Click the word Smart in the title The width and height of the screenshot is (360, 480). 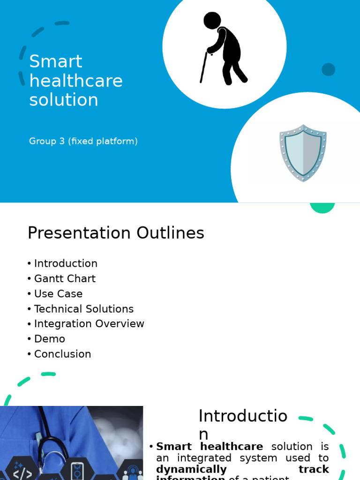click(56, 61)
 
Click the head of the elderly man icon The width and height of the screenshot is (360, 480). click(212, 21)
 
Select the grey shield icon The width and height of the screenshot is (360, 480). click(303, 153)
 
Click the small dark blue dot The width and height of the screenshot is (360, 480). click(328, 69)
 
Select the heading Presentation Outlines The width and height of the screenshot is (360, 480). click(116, 233)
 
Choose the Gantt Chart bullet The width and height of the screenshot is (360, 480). click(65, 278)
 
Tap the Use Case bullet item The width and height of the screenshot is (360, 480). click(58, 294)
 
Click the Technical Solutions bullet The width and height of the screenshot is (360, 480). click(84, 309)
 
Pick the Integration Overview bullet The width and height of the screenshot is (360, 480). click(89, 324)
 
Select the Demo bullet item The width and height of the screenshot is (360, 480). click(50, 339)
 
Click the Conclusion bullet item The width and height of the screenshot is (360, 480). click(62, 354)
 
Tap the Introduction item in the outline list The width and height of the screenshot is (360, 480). click(66, 263)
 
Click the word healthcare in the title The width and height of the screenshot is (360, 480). click(76, 81)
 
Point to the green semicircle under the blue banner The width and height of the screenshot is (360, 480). click(322, 208)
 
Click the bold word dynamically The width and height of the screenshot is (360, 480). click(191, 469)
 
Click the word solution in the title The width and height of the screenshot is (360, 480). click(64, 100)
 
